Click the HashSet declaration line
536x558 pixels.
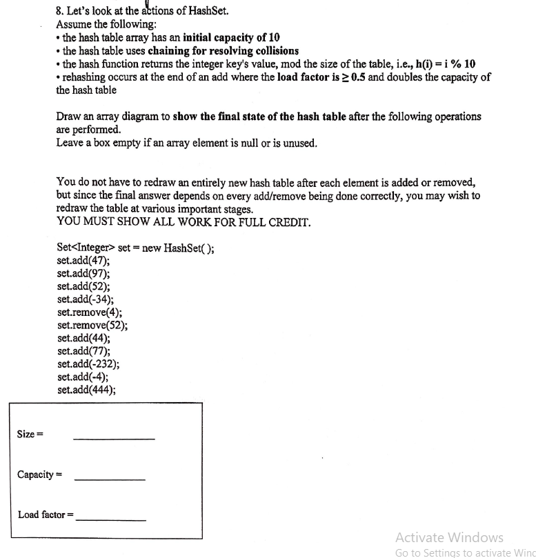[135, 248]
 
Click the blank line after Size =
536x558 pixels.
[114, 438]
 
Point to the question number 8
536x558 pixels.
[59, 11]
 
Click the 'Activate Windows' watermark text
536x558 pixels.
[450, 537]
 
